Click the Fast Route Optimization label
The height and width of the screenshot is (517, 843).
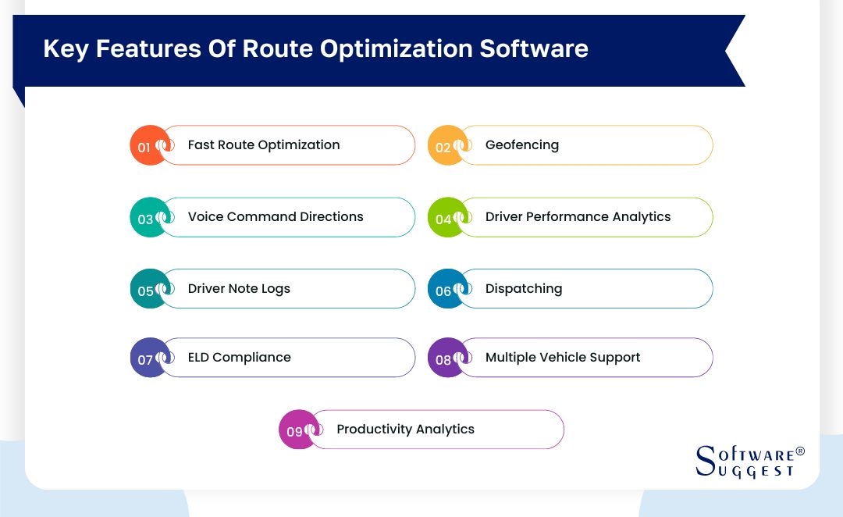pyautogui.click(x=264, y=145)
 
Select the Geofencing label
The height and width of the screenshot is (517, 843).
pyautogui.click(x=522, y=145)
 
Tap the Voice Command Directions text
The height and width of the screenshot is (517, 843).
pyautogui.click(x=276, y=217)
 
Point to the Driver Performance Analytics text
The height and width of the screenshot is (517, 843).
pyautogui.click(x=578, y=217)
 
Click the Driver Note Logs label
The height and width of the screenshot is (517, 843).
pyautogui.click(x=239, y=289)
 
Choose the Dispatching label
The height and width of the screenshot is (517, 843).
pyautogui.click(x=524, y=289)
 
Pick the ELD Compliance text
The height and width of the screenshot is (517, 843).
pyautogui.click(x=240, y=358)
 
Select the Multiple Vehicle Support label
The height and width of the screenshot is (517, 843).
pyautogui.click(x=563, y=358)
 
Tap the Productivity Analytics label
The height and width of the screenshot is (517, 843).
pyautogui.click(x=405, y=430)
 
